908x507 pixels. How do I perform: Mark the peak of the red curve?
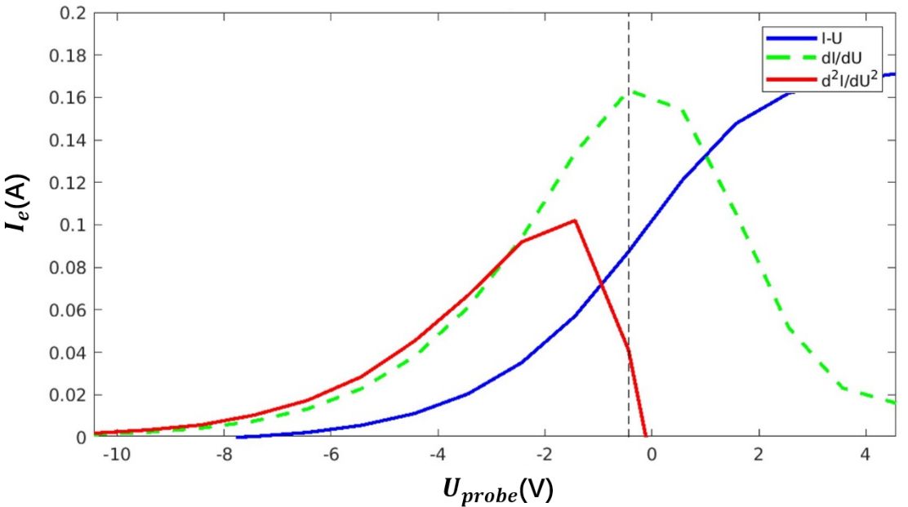575,220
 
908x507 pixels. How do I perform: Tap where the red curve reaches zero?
646,436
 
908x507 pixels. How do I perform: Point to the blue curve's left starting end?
238,437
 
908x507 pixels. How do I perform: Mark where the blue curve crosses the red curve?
601,284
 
